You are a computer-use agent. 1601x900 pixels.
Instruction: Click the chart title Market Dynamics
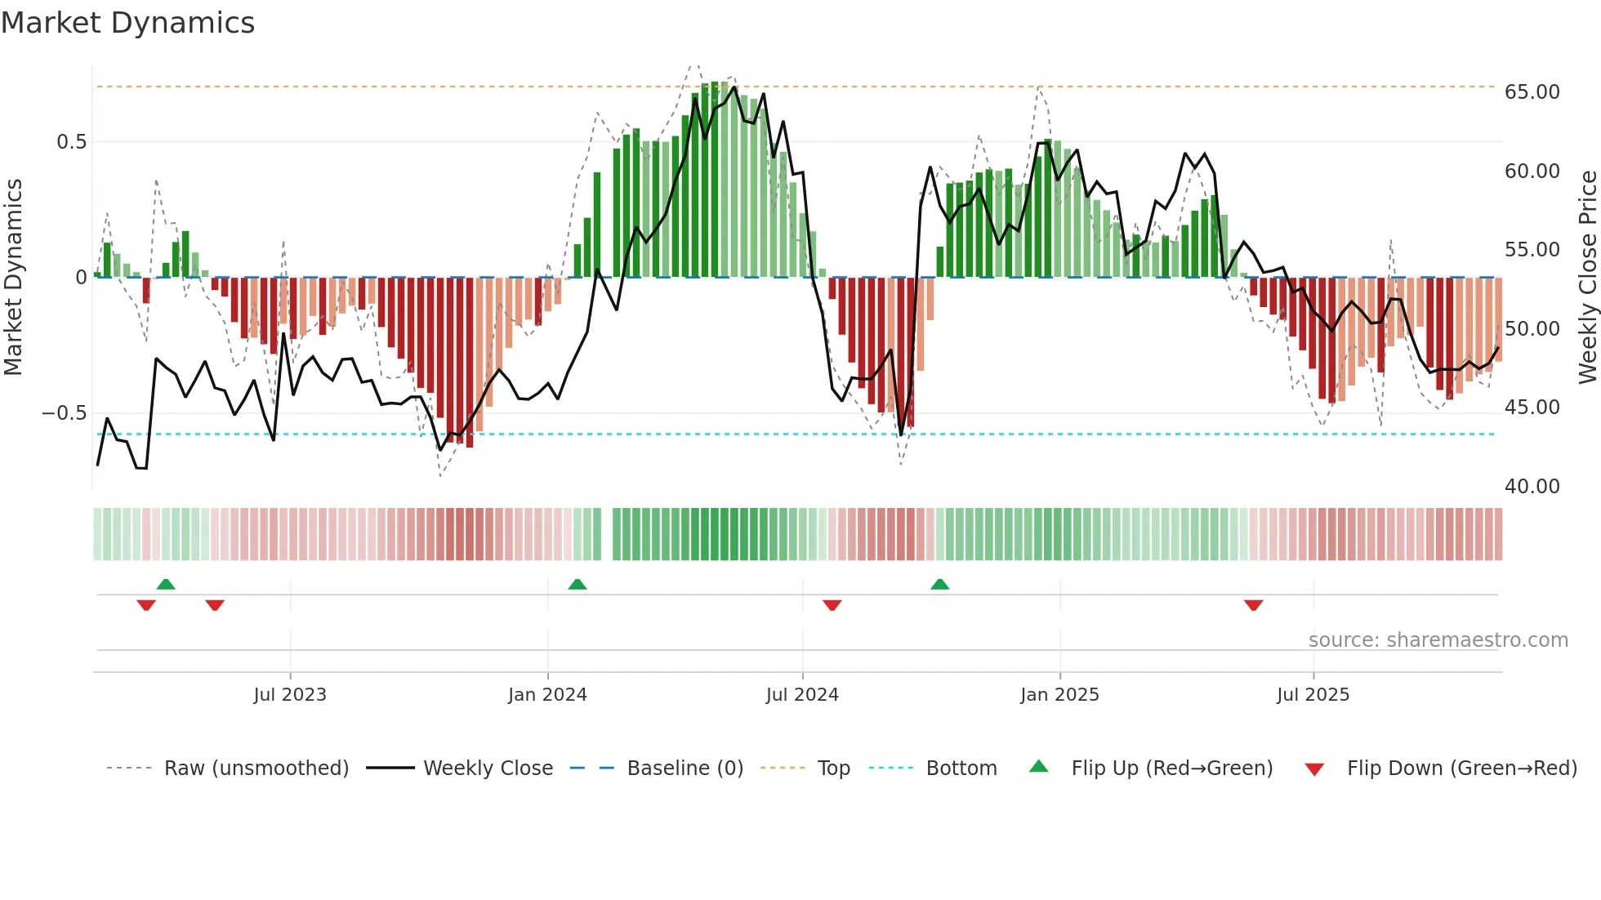pyautogui.click(x=128, y=23)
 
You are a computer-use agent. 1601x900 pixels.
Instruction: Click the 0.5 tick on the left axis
pyautogui.click(x=71, y=142)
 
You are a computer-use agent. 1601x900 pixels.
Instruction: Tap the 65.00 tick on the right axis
pyautogui.click(x=1532, y=92)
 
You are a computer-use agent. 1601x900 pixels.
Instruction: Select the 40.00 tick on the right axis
pyautogui.click(x=1532, y=487)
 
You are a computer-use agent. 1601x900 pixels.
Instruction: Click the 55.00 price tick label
pyautogui.click(x=1532, y=250)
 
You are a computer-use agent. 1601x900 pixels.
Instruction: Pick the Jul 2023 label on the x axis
pyautogui.click(x=290, y=695)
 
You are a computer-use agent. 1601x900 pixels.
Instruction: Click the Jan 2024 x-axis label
pyautogui.click(x=547, y=695)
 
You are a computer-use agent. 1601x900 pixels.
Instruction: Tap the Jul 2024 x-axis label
pyautogui.click(x=802, y=695)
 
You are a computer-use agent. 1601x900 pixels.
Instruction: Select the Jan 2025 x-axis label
pyautogui.click(x=1059, y=695)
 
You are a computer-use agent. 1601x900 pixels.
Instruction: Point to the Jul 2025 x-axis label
pyautogui.click(x=1313, y=695)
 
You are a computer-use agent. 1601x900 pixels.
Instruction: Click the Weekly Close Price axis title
pyautogui.click(x=1587, y=278)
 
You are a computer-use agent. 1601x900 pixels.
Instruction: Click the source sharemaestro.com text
pyautogui.click(x=1438, y=640)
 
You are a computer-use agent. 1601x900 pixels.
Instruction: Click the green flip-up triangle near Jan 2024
pyautogui.click(x=578, y=584)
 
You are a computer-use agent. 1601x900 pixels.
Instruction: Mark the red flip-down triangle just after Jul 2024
pyautogui.click(x=832, y=605)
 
